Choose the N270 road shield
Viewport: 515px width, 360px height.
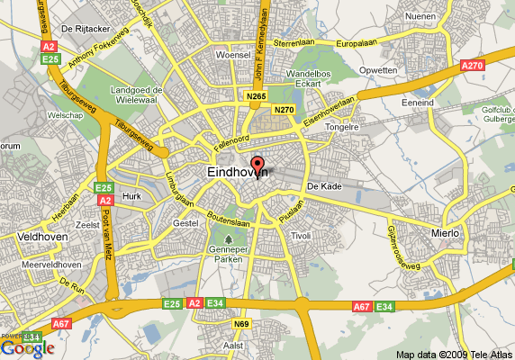(x=285, y=110)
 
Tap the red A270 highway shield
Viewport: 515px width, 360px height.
(x=473, y=66)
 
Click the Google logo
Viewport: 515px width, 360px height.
(x=27, y=348)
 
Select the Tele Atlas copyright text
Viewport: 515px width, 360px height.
(x=454, y=354)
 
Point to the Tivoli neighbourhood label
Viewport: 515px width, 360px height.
(x=300, y=235)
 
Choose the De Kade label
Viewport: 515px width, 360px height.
(x=321, y=186)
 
